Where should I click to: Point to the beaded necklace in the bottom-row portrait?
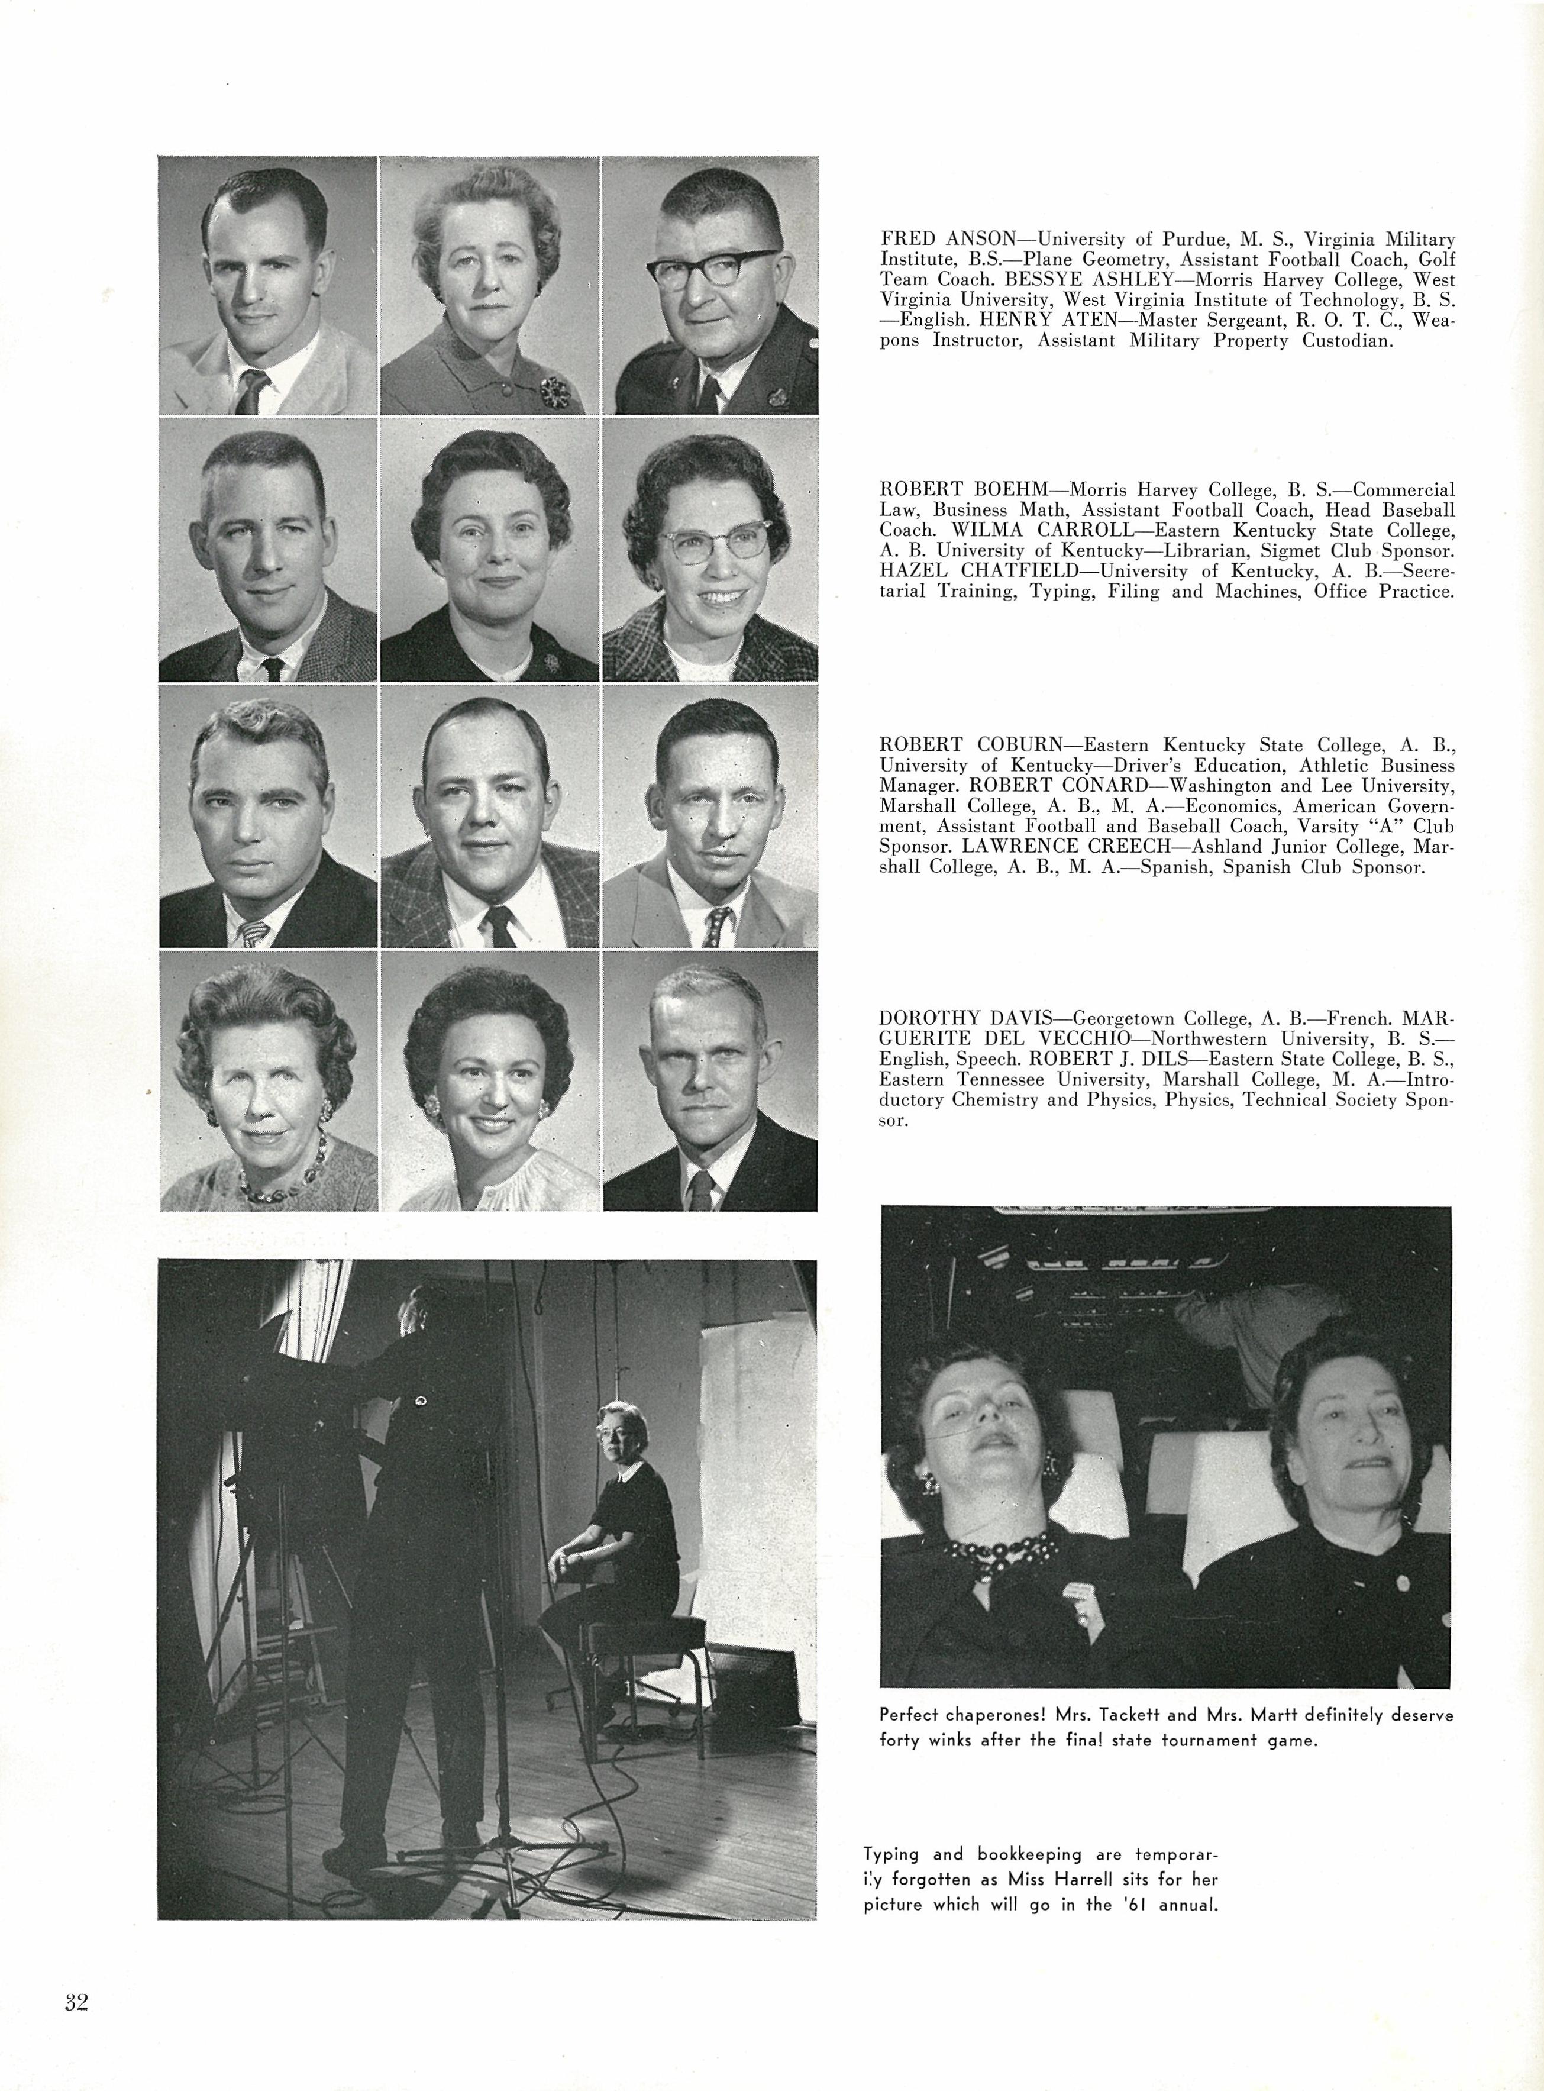[x=280, y=1173]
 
